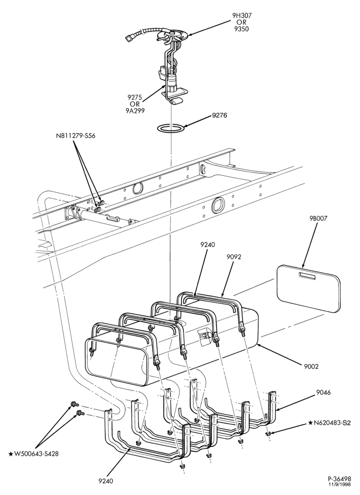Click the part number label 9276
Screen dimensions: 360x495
point(220,115)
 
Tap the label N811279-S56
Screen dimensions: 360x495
point(76,136)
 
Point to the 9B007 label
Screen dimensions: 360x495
point(318,218)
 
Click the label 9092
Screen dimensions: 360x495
point(234,257)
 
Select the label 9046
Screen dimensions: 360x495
point(323,393)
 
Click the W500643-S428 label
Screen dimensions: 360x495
point(34,454)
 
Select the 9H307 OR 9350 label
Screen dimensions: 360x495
point(242,22)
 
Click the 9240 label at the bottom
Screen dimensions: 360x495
point(106,481)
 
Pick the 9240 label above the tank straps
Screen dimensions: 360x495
point(207,245)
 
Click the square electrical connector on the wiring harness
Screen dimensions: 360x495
point(128,39)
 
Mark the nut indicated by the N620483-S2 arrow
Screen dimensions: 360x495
point(268,434)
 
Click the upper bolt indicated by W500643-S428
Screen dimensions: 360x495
point(74,404)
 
